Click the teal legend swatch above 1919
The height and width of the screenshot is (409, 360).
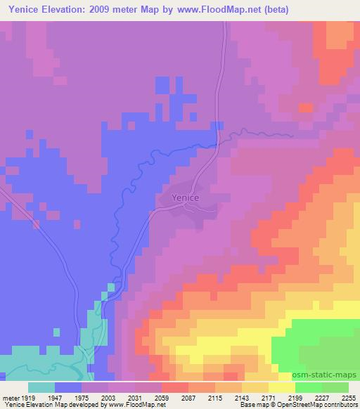click(41, 387)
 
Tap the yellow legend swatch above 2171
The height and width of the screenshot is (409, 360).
click(282, 387)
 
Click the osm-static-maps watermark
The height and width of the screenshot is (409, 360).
click(330, 375)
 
